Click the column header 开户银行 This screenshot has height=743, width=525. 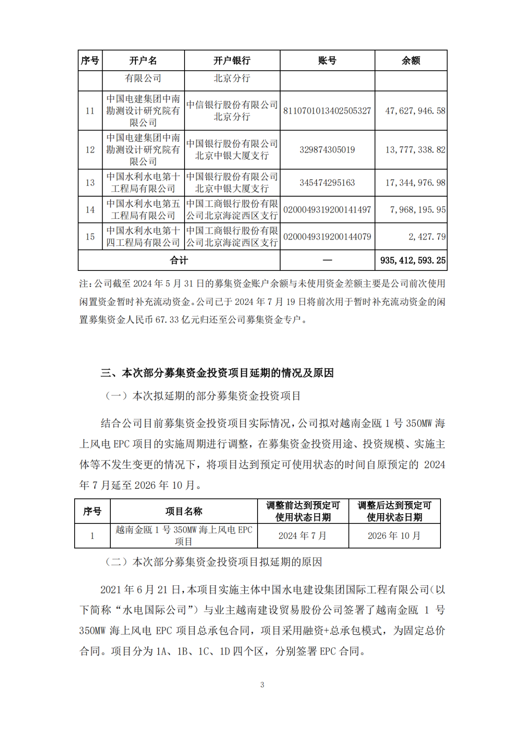[232, 61]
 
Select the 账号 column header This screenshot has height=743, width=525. [327, 61]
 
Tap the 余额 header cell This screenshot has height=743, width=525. [411, 61]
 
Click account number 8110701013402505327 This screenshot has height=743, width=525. [327, 111]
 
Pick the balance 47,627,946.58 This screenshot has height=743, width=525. [415, 111]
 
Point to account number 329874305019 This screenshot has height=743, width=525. [327, 150]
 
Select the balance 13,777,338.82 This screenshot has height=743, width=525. [415, 150]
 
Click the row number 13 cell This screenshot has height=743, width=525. [90, 183]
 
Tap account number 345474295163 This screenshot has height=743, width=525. [327, 183]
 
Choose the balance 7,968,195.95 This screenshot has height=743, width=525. [418, 210]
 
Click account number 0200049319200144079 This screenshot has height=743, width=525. [327, 237]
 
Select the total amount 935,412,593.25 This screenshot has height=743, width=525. [413, 261]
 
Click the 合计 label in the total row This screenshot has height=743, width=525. [179, 261]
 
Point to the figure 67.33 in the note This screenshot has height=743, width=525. [164, 320]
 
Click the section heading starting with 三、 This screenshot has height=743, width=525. [217, 373]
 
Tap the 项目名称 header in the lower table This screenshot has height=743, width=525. [184, 511]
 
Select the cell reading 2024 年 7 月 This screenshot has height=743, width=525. [303, 536]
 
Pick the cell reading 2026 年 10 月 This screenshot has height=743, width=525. [394, 536]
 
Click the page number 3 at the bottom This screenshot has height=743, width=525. [262, 685]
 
